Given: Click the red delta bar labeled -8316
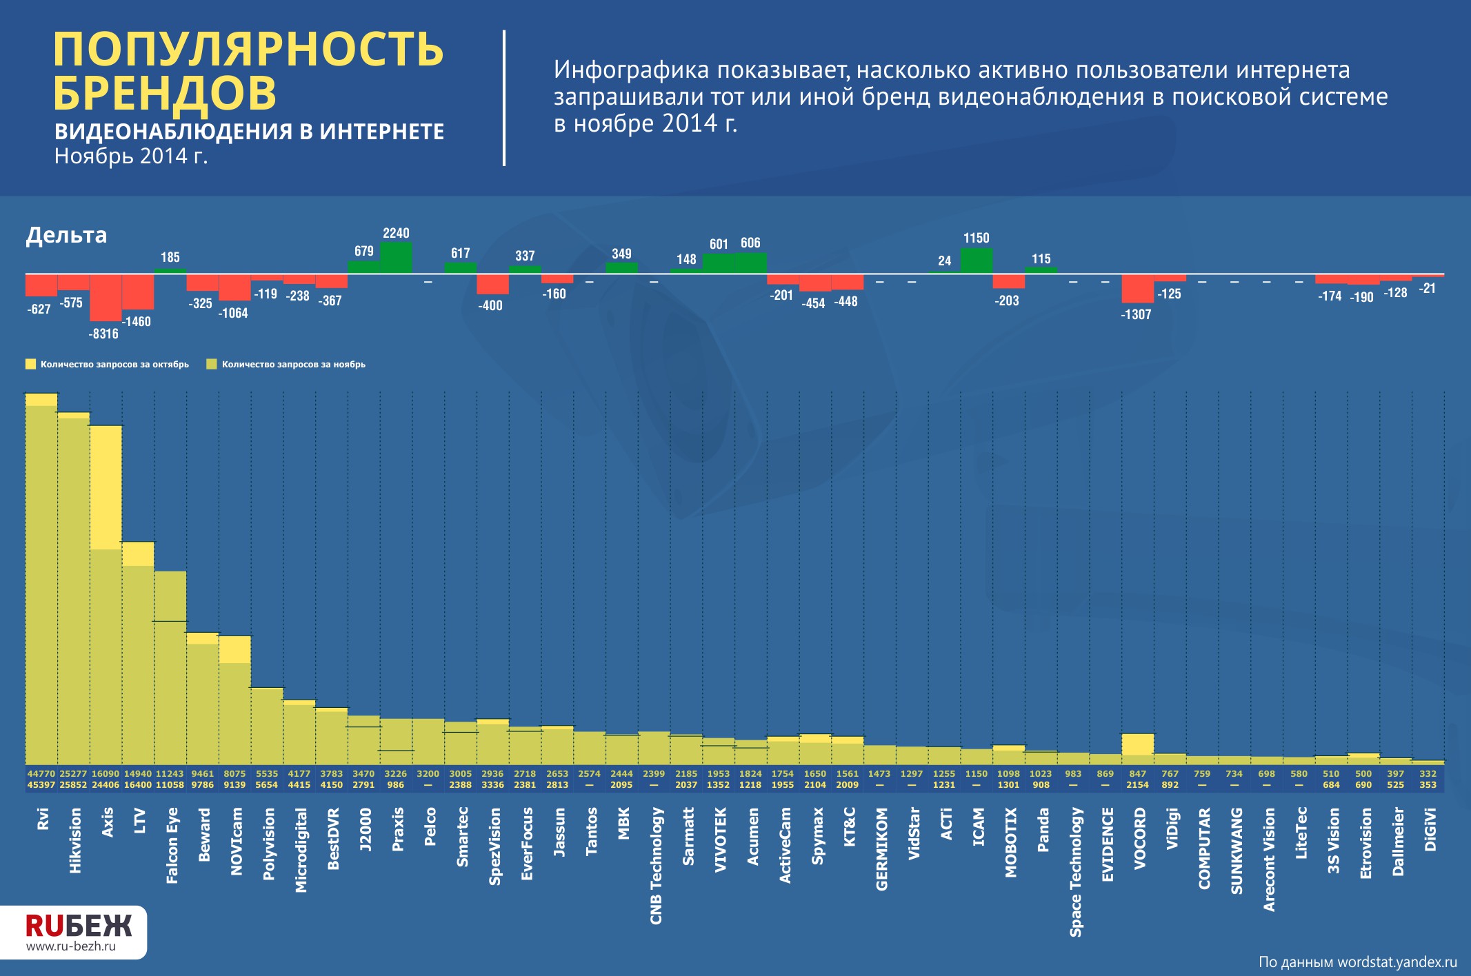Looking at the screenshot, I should (106, 298).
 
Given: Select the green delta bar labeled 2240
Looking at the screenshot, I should (396, 258).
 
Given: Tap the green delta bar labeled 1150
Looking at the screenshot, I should (977, 261).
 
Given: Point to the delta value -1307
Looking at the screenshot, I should (1136, 314).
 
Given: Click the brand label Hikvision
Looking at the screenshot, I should (75, 841).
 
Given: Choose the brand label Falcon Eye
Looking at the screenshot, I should (172, 846).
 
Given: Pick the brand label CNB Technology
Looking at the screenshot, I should (656, 866).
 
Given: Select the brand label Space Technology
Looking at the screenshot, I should (1075, 873).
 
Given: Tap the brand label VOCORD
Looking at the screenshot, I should (1139, 839).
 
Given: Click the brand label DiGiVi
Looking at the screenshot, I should (1430, 830).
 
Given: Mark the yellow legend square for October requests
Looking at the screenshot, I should (30, 364).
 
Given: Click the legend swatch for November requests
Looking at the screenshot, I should (212, 364).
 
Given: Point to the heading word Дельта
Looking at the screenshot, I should (66, 235).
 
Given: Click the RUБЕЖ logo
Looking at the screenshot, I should (78, 925).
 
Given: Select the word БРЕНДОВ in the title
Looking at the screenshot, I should (165, 93).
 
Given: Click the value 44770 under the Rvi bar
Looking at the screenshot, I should (41, 774).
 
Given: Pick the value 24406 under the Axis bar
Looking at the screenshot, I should (106, 785).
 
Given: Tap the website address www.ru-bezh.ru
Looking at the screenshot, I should (71, 946).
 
